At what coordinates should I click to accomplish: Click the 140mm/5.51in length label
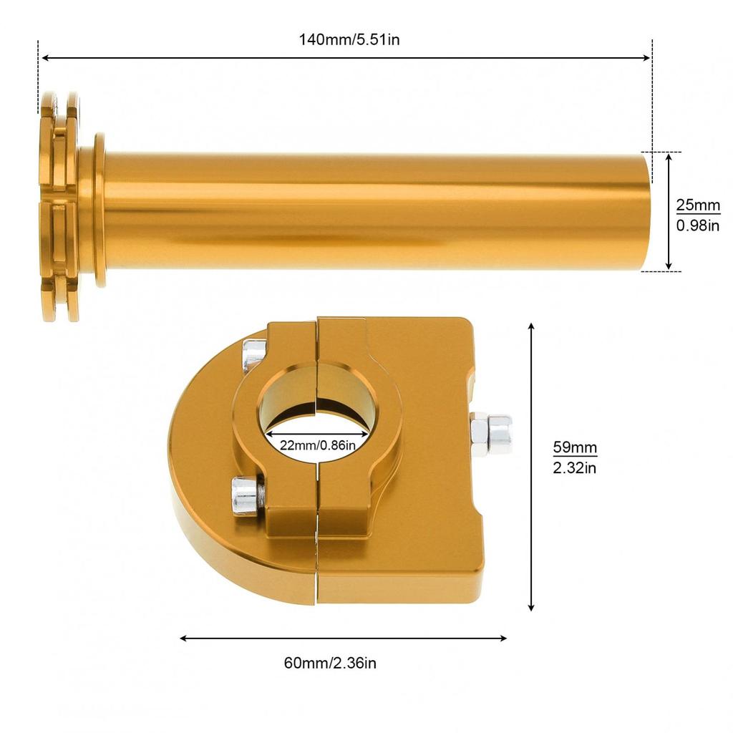(349, 40)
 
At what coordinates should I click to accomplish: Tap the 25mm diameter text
(697, 205)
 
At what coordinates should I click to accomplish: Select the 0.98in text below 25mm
(697, 225)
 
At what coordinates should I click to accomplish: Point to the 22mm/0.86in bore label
(318, 445)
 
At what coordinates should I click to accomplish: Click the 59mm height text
(575, 447)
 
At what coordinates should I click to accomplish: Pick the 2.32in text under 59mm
(575, 467)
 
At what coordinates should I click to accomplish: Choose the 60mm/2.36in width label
(330, 663)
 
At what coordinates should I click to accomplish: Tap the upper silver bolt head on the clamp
(254, 355)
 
